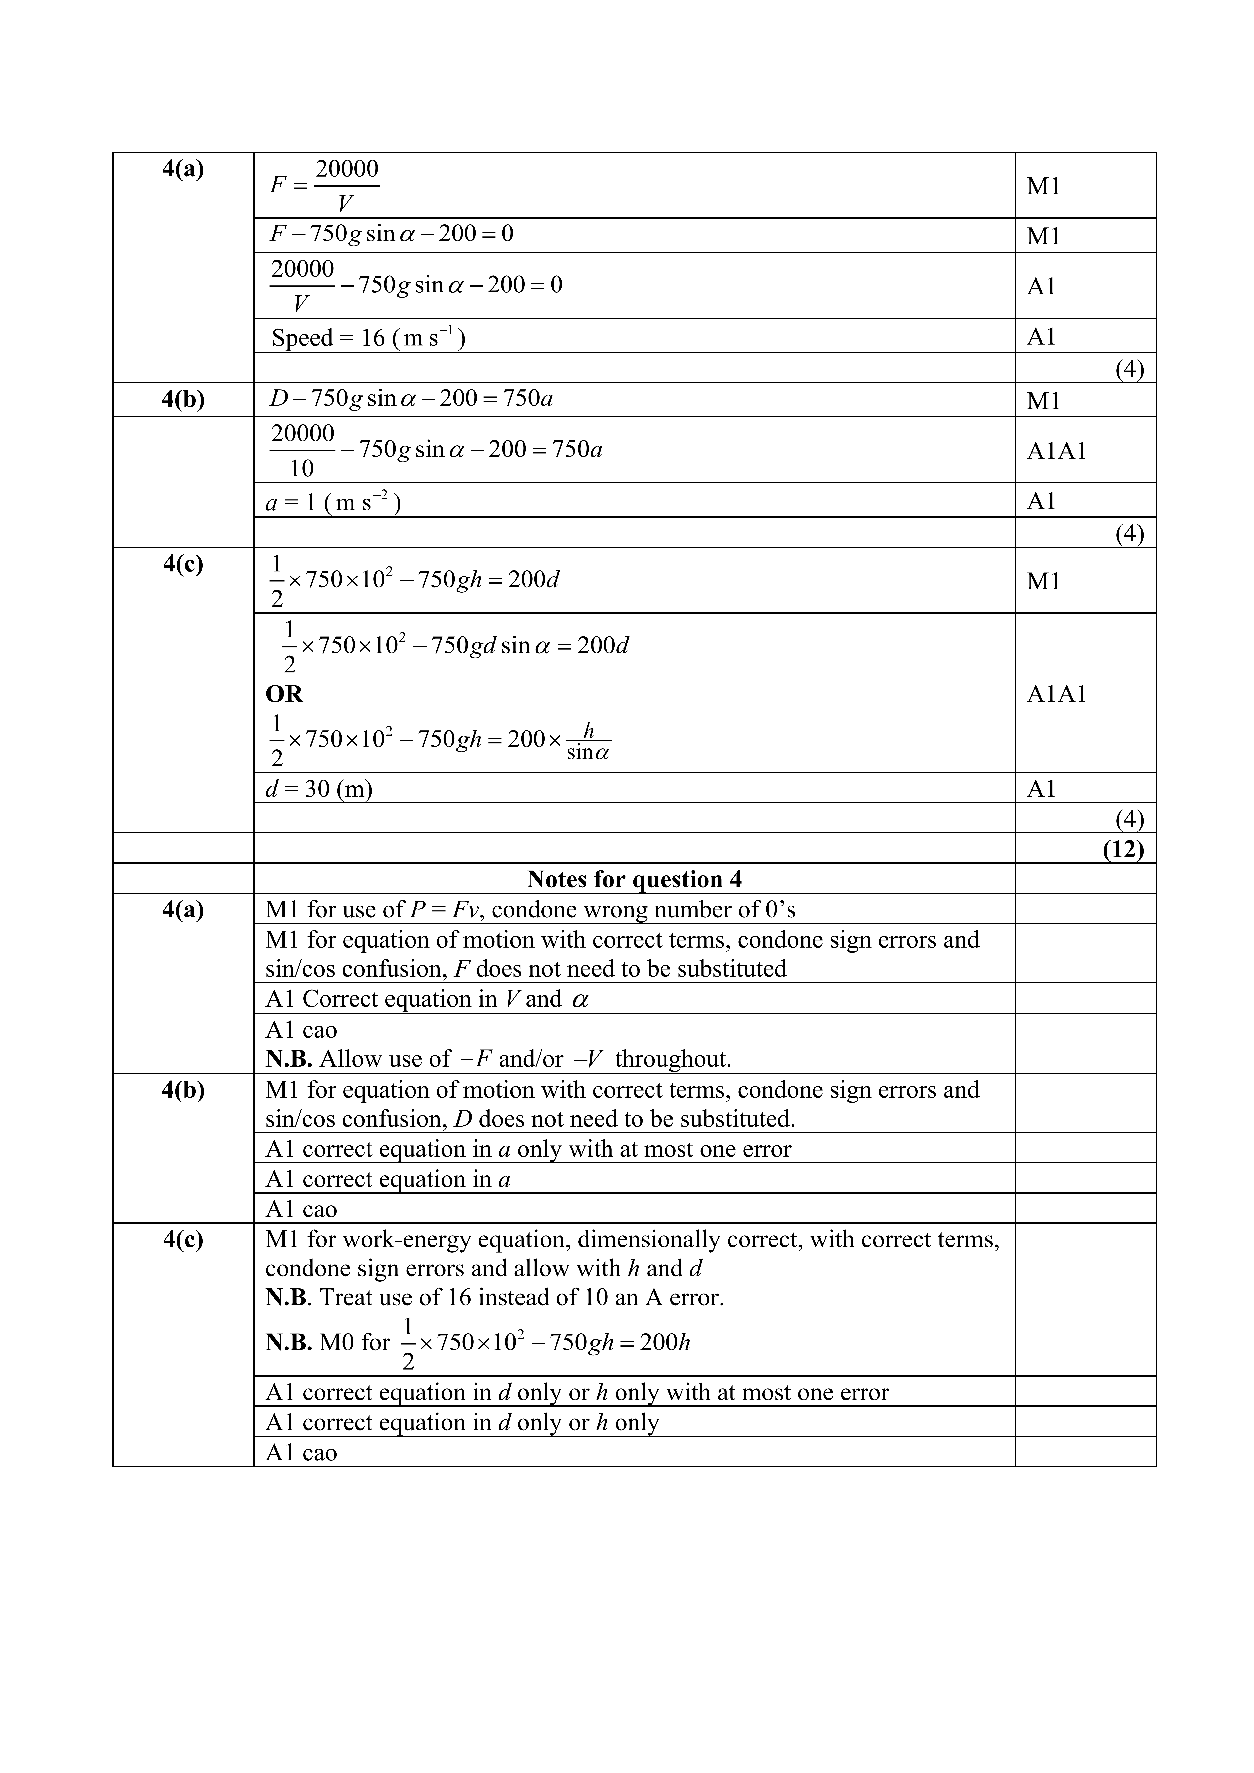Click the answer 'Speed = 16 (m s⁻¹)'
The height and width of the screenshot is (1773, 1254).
[368, 337]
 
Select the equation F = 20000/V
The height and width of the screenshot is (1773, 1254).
[324, 185]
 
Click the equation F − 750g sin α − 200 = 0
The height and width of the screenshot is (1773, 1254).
[391, 234]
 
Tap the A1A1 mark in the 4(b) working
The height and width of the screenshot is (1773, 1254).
[1056, 450]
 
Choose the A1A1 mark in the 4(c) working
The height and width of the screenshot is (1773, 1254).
[1056, 693]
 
